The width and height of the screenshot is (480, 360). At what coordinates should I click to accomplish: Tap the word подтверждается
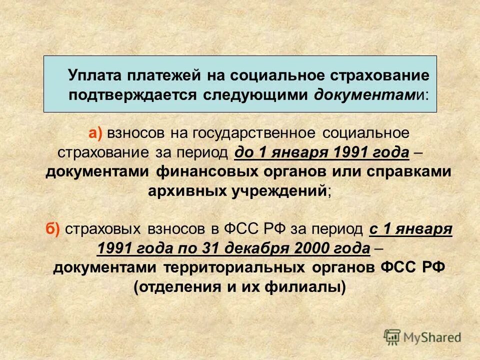(132, 95)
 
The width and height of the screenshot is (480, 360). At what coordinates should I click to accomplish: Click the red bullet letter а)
(95, 133)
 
